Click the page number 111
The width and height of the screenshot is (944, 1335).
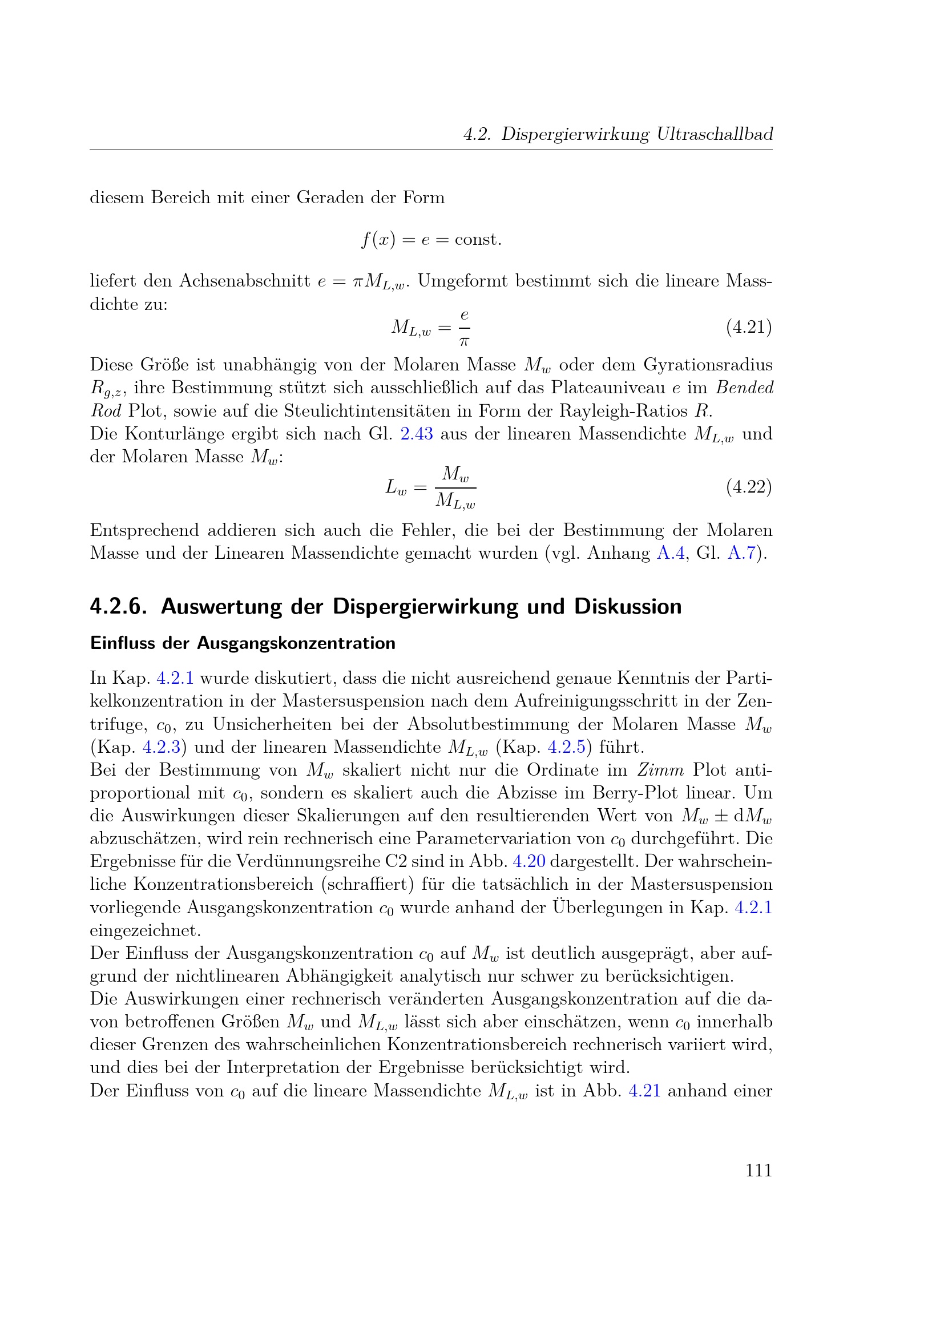pos(759,1170)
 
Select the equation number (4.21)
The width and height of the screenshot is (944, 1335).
pos(749,327)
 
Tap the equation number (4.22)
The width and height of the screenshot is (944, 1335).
pos(749,486)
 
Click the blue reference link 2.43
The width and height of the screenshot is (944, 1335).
pos(417,434)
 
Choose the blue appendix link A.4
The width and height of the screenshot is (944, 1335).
pos(670,552)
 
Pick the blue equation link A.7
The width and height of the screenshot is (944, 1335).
pos(741,552)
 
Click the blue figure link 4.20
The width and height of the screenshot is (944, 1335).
pos(529,861)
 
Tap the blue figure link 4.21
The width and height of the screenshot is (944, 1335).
pos(644,1090)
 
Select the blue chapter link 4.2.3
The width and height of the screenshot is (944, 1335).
pos(161,747)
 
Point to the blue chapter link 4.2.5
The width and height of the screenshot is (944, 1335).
pos(566,747)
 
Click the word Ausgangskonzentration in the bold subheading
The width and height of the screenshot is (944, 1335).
pos(296,643)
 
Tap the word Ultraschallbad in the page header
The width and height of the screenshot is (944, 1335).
pos(715,134)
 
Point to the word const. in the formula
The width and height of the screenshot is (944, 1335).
pos(478,240)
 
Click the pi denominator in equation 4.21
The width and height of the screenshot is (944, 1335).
pos(464,342)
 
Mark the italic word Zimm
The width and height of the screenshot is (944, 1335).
pos(660,770)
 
